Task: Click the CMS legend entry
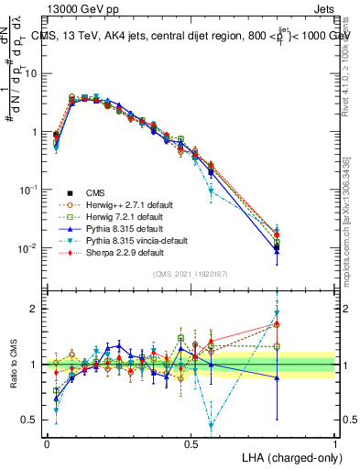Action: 94,192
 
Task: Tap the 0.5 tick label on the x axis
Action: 191,442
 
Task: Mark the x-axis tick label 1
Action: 334,442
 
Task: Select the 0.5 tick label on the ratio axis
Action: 31,420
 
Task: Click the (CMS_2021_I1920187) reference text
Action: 190,274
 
